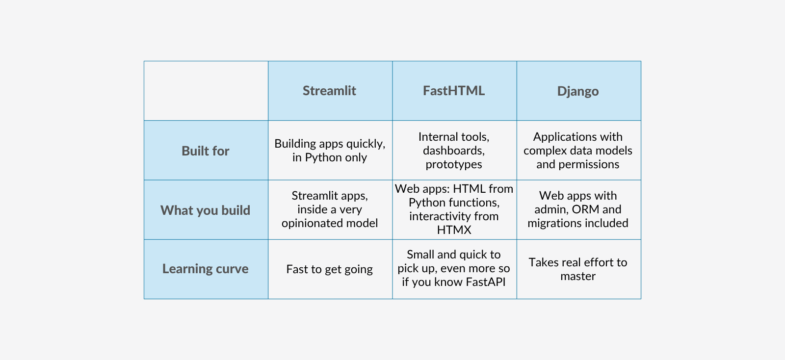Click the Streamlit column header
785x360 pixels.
pos(329,91)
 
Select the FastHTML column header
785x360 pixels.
pos(454,91)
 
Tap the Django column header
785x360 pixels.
pos(578,91)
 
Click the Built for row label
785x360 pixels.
pos(206,151)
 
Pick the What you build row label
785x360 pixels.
pos(206,210)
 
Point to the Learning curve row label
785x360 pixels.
pos(206,269)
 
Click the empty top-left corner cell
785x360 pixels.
pos(206,91)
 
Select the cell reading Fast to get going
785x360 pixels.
pos(329,269)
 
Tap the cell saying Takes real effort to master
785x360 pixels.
pos(578,269)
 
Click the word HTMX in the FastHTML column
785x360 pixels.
pos(454,230)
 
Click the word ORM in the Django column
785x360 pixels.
pos(586,209)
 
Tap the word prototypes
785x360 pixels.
pos(454,165)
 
